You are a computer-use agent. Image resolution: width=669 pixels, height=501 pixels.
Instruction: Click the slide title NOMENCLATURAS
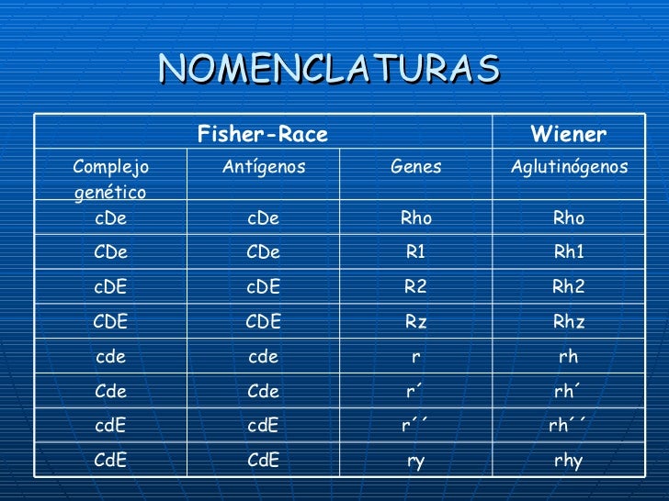[329, 67]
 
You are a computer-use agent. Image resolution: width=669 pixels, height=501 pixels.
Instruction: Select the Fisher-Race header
[262, 136]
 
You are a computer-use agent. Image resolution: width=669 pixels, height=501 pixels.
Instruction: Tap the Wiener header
[569, 136]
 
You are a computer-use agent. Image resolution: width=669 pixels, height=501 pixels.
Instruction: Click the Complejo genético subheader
[110, 179]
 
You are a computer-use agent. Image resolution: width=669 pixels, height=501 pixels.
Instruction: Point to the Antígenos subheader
[264, 167]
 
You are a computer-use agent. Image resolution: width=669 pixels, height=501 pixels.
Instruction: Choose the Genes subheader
[415, 167]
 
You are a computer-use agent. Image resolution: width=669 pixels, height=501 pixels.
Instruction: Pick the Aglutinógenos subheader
[569, 167]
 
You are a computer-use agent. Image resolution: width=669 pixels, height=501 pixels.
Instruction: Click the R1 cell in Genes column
[415, 252]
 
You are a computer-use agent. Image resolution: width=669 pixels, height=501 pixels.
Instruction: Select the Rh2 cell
[569, 286]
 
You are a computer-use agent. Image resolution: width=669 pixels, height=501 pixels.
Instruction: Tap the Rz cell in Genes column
[415, 321]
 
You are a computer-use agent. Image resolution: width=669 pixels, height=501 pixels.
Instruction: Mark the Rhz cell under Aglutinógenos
[569, 321]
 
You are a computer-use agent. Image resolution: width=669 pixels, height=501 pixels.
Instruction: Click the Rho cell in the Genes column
[415, 218]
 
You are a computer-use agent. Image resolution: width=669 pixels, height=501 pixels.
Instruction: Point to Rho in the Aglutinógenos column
[569, 218]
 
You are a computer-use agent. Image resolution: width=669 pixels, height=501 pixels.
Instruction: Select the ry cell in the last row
[415, 462]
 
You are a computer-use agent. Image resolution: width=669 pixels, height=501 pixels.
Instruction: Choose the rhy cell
[569, 462]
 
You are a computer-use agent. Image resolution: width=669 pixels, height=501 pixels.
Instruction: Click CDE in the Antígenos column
[264, 321]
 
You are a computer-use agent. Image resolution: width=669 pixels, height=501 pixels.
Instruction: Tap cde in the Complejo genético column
[110, 356]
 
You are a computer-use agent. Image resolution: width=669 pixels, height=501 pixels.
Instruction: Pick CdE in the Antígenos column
[264, 462]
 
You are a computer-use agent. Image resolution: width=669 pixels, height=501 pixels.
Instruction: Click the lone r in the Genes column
[415, 356]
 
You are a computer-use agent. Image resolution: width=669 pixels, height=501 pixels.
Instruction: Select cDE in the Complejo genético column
[110, 286]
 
